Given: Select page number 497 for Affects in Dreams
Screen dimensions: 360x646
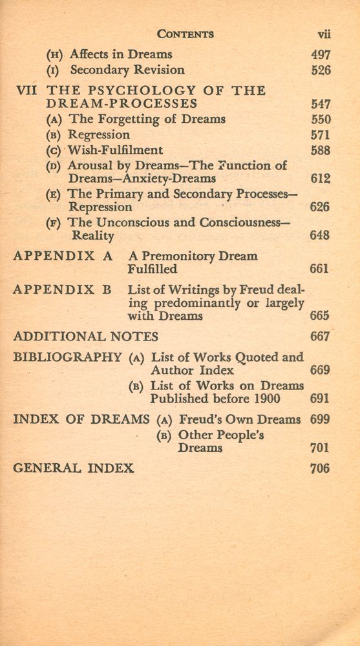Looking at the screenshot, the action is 320,54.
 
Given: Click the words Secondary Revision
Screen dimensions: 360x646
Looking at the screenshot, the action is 127,70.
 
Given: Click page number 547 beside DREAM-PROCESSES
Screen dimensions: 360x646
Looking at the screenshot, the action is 320,104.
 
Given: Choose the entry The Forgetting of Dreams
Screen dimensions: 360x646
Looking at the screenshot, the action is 147,119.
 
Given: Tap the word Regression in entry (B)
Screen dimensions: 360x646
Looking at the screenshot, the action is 99,135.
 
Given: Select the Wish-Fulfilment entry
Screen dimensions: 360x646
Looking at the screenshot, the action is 116,151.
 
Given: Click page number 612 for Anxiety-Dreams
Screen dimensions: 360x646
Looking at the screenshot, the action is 320,179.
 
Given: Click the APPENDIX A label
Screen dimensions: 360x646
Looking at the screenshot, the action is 63,256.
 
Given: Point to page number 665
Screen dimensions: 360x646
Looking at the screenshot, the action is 319,316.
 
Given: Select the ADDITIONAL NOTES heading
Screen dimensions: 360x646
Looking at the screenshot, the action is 85,337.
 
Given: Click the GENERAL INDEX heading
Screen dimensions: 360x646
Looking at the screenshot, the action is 74,468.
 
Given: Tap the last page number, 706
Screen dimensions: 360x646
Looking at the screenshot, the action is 320,468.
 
